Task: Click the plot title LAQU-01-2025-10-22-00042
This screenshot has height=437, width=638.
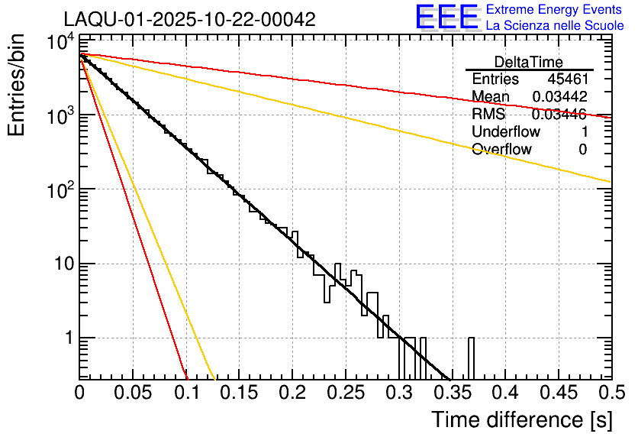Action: [x=189, y=20]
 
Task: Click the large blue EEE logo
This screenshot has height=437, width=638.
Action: [x=446, y=18]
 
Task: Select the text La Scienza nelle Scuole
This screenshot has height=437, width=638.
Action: [x=555, y=25]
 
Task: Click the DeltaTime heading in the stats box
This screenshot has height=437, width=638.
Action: [x=528, y=62]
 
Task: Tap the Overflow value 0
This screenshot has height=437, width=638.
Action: [x=582, y=150]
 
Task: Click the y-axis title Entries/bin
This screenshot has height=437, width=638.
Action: [x=17, y=86]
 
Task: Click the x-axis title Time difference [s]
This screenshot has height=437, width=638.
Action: [x=520, y=419]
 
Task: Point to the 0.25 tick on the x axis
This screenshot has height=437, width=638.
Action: [x=345, y=392]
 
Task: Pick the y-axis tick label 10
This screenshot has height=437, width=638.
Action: [x=61, y=264]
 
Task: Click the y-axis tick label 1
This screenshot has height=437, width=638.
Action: [x=66, y=338]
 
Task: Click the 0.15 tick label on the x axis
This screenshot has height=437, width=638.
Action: [x=239, y=392]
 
